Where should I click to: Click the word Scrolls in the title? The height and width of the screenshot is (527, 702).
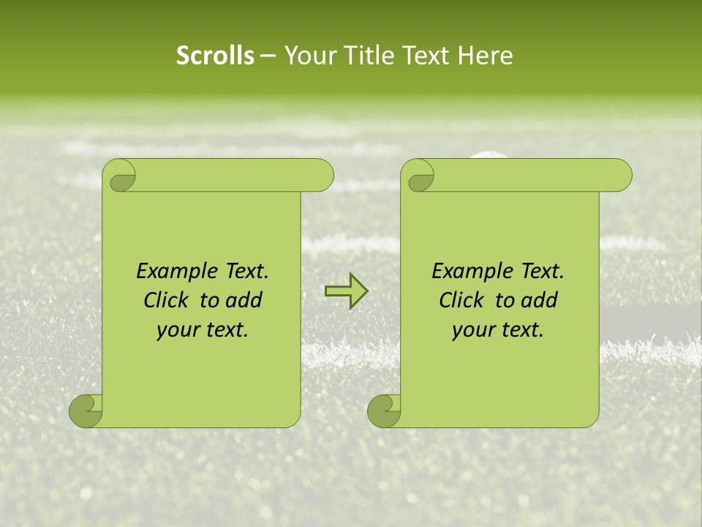point(215,56)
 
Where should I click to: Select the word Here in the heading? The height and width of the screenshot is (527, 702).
point(486,56)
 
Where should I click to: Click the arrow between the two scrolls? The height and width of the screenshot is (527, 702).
point(346,292)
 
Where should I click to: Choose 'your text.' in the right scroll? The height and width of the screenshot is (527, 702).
point(498,330)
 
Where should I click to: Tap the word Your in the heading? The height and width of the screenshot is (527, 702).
point(307,56)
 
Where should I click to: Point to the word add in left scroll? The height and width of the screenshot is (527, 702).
point(244,300)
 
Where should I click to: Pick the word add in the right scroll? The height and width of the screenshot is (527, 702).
point(539,300)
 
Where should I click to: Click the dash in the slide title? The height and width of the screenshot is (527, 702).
point(268,56)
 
